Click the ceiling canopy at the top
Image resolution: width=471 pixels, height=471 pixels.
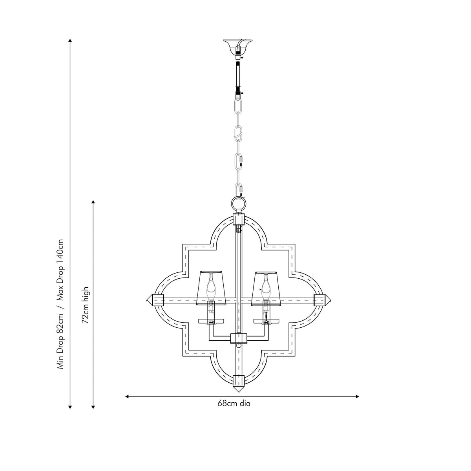(238, 44)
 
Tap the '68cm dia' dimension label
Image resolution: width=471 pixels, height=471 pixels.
(234, 403)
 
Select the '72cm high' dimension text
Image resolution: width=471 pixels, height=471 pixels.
(86, 305)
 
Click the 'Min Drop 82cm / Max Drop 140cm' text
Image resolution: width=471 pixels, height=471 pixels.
(61, 304)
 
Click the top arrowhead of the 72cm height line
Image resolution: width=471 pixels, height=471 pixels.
(93, 202)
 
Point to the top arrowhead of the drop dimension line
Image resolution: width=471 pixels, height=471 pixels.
(70, 40)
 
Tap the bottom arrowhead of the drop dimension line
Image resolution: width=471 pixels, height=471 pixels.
(70, 407)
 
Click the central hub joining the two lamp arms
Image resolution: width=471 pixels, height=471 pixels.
(238, 338)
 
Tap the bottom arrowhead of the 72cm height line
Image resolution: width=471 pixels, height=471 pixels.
(93, 407)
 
